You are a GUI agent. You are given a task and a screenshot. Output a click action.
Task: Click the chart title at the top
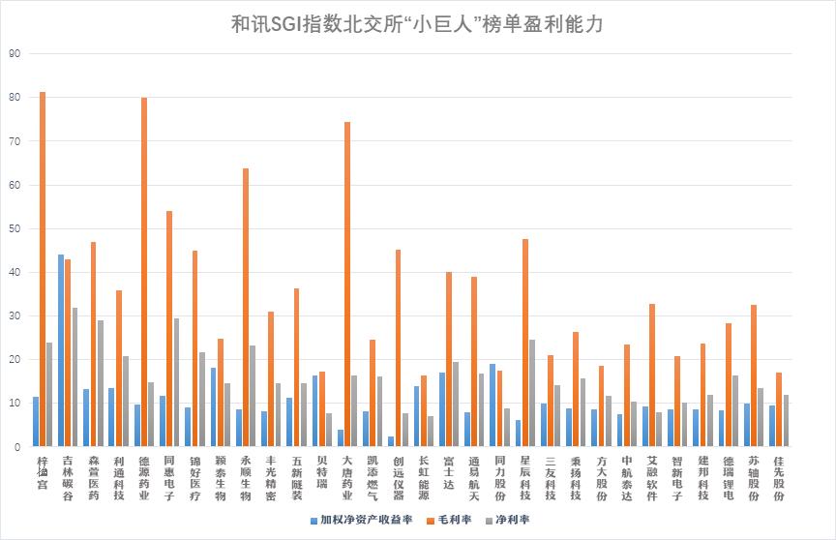(417, 24)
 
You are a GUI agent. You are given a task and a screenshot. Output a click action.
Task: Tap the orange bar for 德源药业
(144, 272)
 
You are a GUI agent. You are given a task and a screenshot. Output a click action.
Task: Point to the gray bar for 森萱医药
(101, 383)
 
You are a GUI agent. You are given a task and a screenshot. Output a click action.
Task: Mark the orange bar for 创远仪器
(398, 348)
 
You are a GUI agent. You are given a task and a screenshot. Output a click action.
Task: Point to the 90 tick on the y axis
(14, 54)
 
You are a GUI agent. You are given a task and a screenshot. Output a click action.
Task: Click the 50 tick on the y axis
(14, 229)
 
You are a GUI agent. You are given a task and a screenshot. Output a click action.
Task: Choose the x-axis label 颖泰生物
(221, 476)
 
